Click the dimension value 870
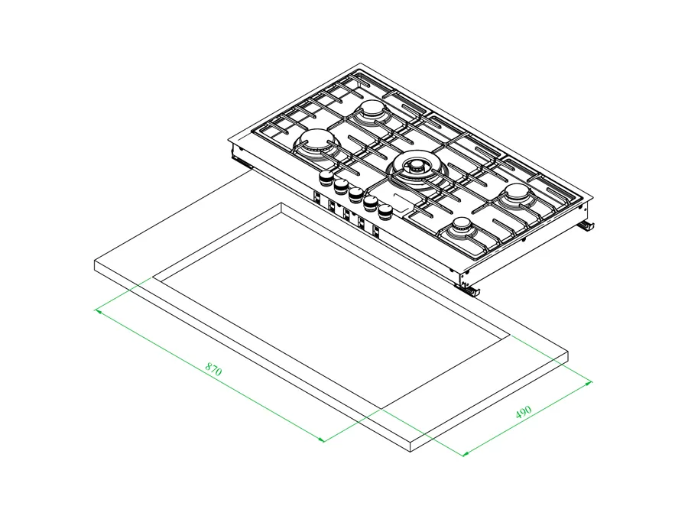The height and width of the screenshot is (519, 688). point(214,369)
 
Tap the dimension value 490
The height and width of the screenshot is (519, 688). point(524,411)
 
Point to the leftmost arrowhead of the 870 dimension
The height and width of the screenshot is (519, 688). point(99,311)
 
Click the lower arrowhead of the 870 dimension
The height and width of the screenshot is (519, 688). point(321,440)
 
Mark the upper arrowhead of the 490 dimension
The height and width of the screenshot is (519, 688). point(589,383)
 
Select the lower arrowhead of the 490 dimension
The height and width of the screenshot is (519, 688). point(466,453)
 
